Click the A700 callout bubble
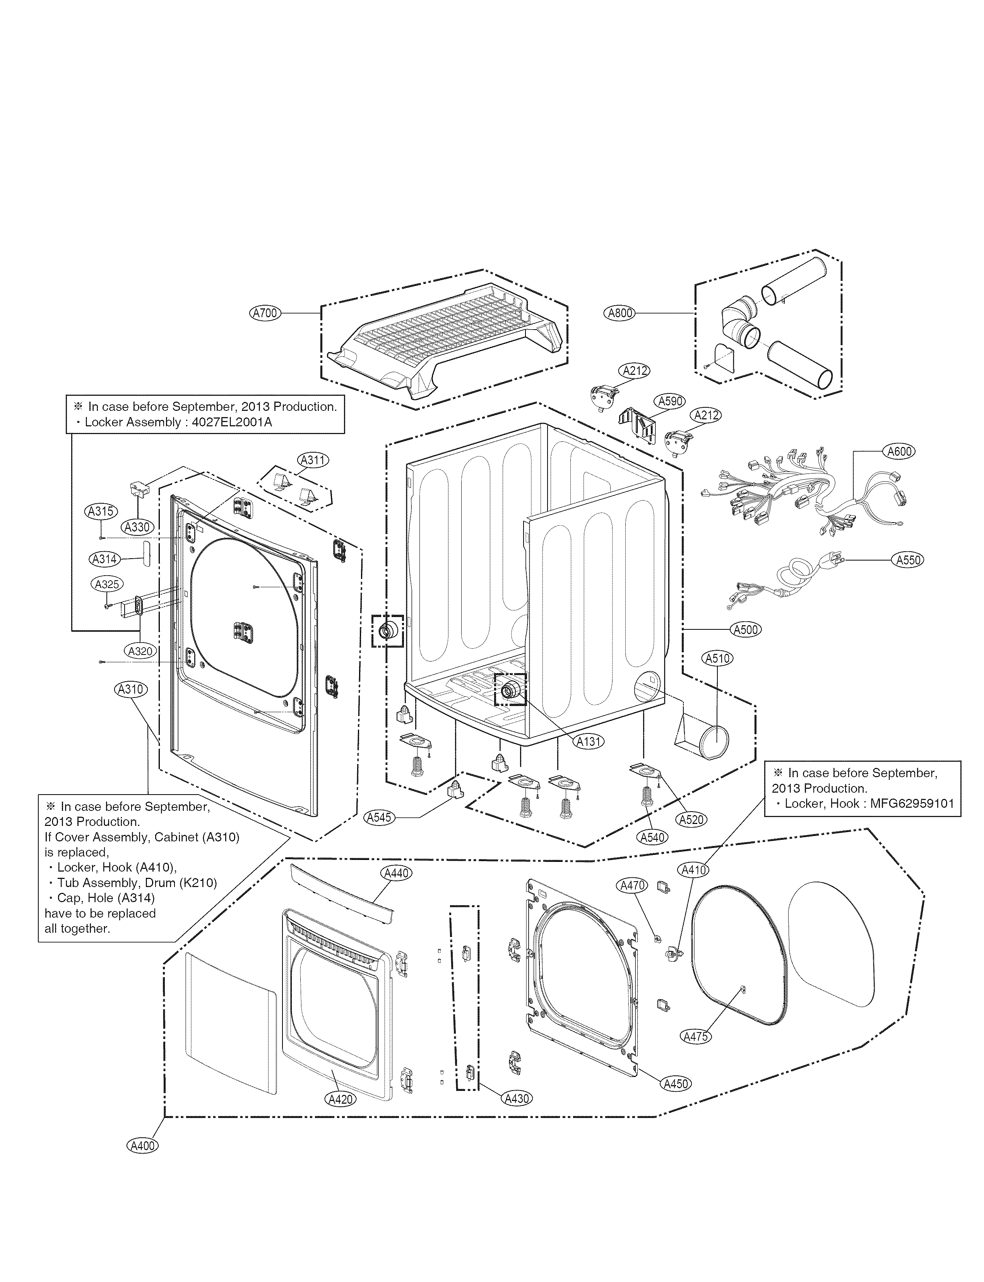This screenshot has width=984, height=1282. (265, 313)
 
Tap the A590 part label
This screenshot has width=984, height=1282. (670, 402)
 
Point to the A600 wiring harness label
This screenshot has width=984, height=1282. (899, 451)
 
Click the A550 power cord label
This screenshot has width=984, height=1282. (909, 560)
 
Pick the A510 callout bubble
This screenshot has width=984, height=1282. (717, 658)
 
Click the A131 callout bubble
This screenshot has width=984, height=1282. (589, 742)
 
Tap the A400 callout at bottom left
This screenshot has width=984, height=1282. (143, 1162)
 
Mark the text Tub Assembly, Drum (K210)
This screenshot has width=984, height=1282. (137, 883)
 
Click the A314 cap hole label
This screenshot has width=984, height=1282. (104, 559)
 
